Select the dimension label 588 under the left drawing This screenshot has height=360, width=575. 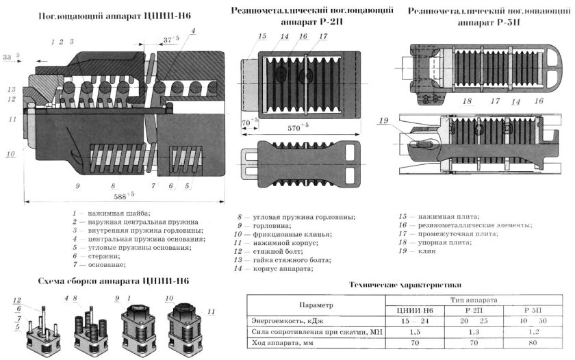123,196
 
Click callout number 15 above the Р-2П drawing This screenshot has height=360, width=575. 261,36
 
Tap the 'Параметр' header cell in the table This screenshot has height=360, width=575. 316,306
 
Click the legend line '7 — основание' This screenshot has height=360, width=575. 102,264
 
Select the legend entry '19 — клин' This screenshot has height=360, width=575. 420,251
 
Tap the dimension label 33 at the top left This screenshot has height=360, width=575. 9,59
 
